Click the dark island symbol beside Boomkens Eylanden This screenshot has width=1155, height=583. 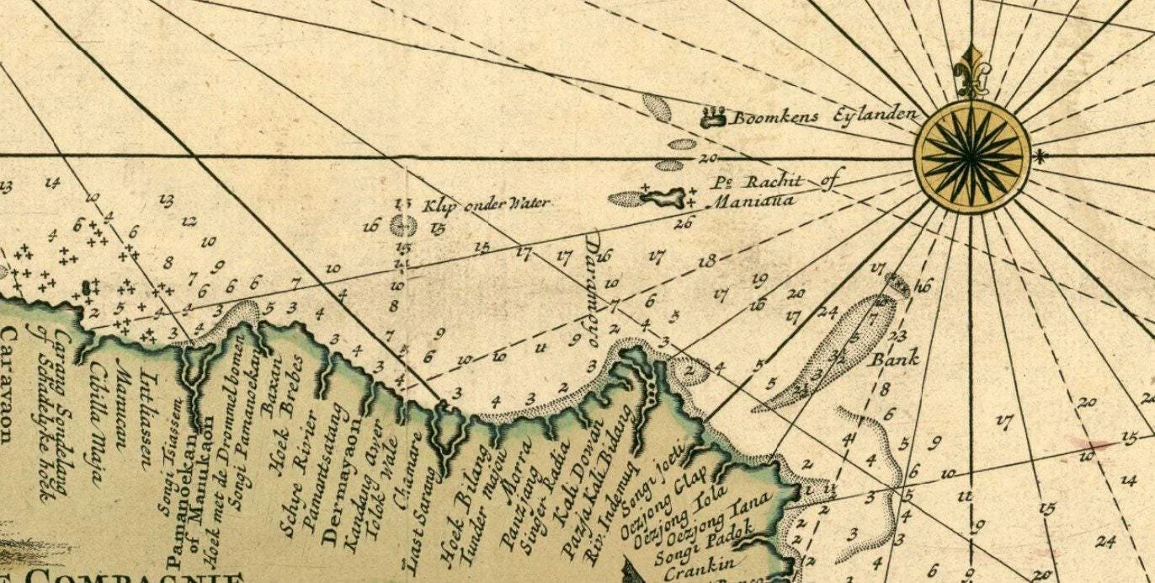click(713, 116)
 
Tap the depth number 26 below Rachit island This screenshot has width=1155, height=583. click(683, 222)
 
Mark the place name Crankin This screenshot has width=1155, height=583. click(698, 564)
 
